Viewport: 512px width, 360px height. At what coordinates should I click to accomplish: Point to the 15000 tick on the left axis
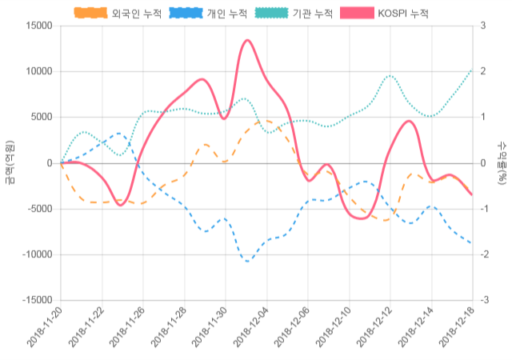38,26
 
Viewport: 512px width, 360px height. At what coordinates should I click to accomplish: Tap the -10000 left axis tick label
37,254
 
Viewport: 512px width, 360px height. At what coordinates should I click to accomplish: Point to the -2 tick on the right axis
484,254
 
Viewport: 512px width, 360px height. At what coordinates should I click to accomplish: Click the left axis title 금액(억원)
10,163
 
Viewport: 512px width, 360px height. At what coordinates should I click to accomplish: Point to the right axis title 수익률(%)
502,163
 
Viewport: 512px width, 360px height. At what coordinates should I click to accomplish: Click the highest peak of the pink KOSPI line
246,40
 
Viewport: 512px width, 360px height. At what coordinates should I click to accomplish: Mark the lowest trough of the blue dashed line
247,261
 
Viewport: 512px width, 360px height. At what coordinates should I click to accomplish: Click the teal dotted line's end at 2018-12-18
472,70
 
